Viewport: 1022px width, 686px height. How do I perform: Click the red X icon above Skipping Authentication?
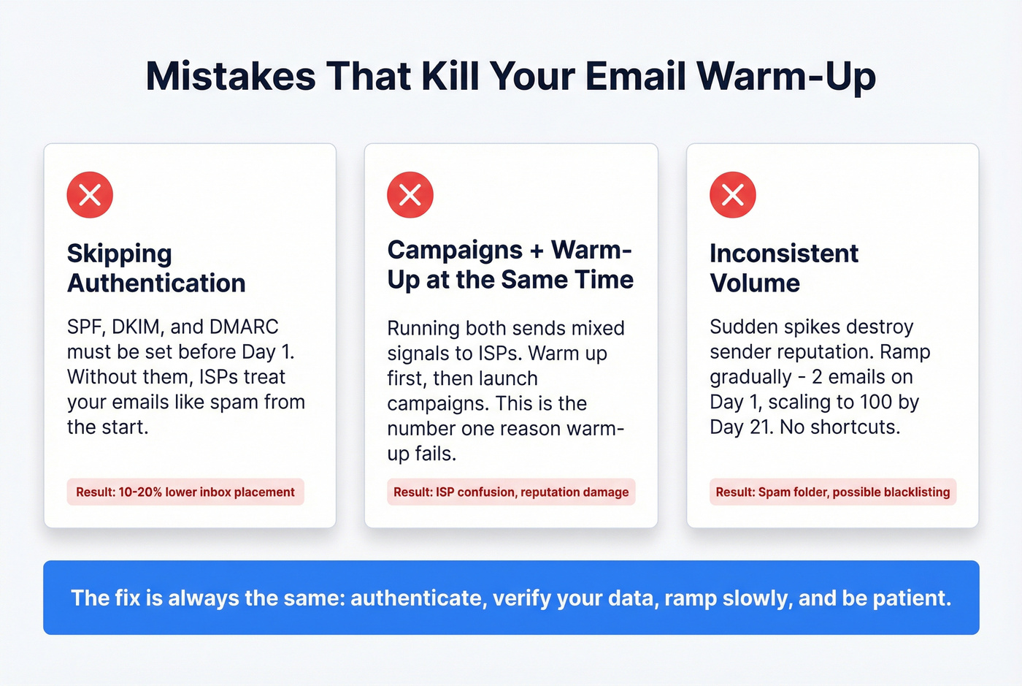(90, 195)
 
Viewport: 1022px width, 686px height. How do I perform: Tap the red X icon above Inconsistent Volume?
(732, 195)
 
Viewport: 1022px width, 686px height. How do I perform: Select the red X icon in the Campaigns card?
(410, 195)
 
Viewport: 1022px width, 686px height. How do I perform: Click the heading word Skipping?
(120, 254)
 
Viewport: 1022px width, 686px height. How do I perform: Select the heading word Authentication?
(156, 283)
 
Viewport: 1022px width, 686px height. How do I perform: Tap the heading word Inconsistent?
(783, 254)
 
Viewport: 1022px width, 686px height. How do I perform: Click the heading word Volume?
(755, 283)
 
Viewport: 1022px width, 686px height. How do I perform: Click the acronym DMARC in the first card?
(245, 327)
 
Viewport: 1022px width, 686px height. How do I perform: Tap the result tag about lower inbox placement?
(185, 492)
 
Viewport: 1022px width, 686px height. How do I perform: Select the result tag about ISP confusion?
(511, 492)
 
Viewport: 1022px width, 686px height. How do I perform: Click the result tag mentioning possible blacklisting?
(833, 492)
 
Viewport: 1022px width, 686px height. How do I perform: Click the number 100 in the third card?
(875, 402)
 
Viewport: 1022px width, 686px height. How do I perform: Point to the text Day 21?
(741, 427)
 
